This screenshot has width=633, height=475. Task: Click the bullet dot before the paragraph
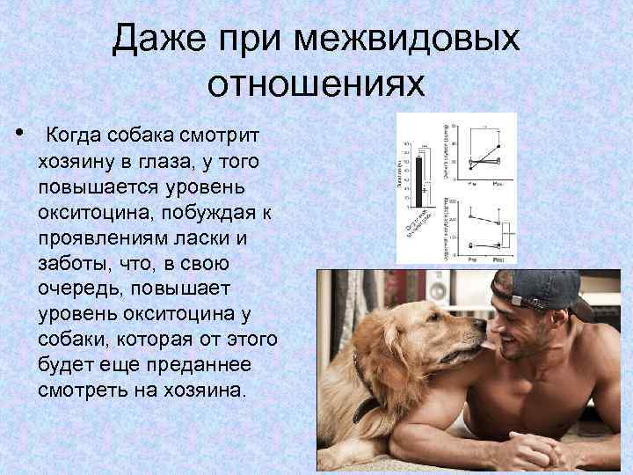[19, 134]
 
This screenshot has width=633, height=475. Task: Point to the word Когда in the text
[75, 136]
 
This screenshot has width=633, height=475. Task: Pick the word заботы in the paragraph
[71, 264]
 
